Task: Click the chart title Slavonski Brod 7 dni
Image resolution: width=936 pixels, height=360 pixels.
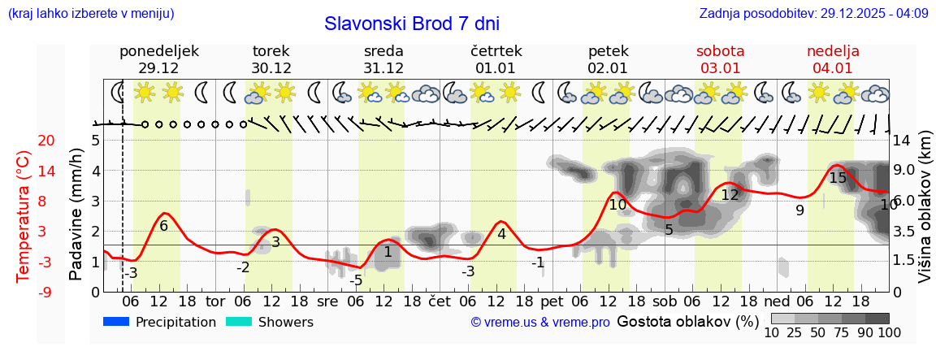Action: click(x=412, y=24)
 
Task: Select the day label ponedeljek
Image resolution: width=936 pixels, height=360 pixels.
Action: click(x=158, y=51)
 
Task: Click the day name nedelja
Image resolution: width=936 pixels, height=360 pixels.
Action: click(x=833, y=51)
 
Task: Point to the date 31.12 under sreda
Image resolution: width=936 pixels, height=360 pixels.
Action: click(x=383, y=68)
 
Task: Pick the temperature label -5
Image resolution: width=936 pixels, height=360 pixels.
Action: click(x=356, y=280)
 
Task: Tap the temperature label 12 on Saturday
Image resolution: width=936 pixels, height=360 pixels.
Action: click(x=730, y=195)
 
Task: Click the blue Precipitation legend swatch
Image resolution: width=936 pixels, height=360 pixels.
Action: click(x=117, y=322)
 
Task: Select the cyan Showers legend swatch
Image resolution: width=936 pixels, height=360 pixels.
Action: click(x=239, y=322)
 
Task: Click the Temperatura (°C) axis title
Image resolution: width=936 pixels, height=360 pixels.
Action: click(x=24, y=216)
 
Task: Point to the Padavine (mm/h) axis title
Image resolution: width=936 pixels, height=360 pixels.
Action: click(x=76, y=215)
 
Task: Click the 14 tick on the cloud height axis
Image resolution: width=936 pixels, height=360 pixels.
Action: click(x=903, y=141)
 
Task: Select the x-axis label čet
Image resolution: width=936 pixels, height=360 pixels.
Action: click(x=440, y=301)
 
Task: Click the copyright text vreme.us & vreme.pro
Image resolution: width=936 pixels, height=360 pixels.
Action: click(x=540, y=323)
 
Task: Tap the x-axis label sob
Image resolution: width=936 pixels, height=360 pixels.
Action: click(x=664, y=301)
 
